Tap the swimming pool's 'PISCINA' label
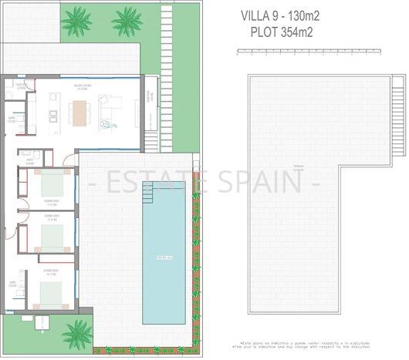coord(164,256)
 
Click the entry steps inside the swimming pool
coord(148,196)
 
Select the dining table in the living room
coord(79,113)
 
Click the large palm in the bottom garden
coord(78,334)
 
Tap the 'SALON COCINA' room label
coord(83,86)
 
